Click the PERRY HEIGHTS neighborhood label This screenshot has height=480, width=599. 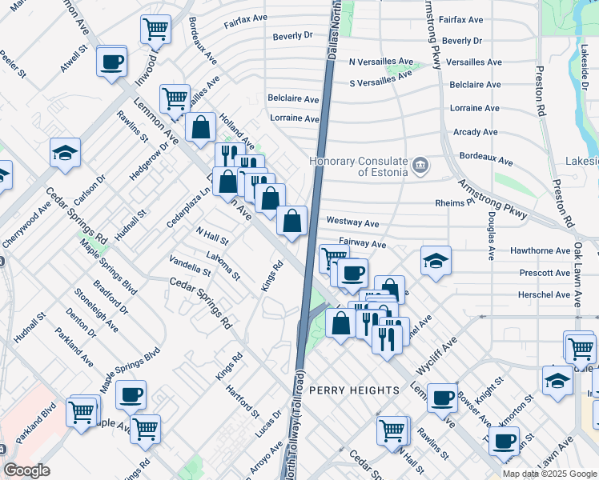pyautogui.click(x=354, y=390)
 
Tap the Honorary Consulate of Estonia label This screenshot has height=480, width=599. pyautogui.click(x=359, y=166)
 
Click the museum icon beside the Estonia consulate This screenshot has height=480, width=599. pyautogui.click(x=420, y=167)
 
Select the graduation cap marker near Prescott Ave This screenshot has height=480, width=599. pyautogui.click(x=436, y=261)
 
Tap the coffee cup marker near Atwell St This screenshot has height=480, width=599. pyautogui.click(x=111, y=61)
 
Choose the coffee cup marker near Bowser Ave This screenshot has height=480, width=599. pyautogui.click(x=441, y=397)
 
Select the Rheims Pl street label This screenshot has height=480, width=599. pyautogui.click(x=460, y=203)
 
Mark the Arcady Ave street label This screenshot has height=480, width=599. pyautogui.click(x=476, y=132)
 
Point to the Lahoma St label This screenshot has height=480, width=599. pyautogui.click(x=223, y=266)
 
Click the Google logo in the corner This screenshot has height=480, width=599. pyautogui.click(x=27, y=470)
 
